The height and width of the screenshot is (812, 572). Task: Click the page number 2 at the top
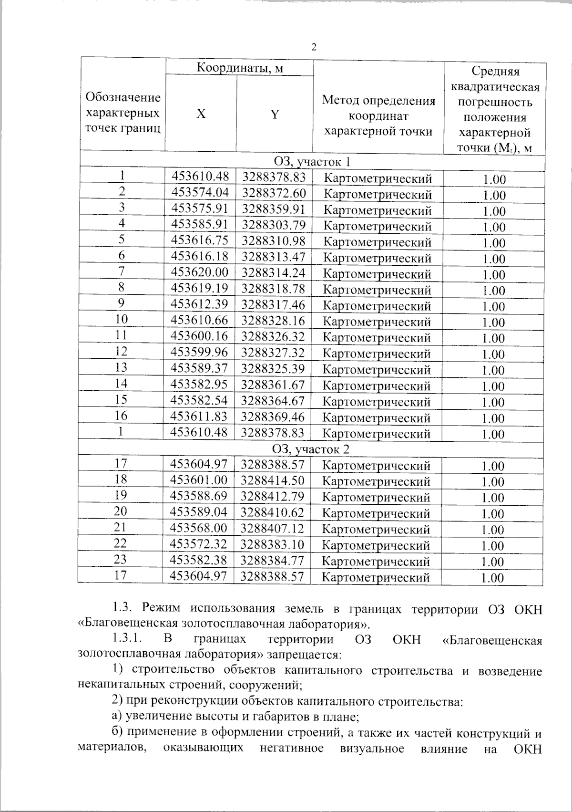coord(313,47)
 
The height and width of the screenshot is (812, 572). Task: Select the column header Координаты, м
coord(240,68)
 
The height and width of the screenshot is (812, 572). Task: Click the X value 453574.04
coord(200,193)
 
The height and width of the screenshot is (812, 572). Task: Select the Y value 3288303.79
coord(273,225)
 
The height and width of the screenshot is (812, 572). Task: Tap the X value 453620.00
coord(200,272)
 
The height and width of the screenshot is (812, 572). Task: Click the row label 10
coord(122,320)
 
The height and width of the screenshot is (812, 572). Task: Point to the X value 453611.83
coord(199,416)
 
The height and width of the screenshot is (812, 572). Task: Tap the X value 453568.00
coord(199,528)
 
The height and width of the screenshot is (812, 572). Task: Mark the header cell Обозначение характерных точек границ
coord(123,113)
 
